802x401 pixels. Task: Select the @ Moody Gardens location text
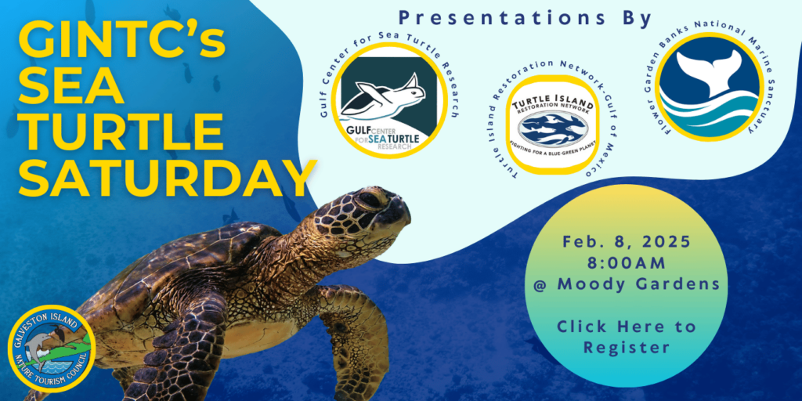[x=626, y=284]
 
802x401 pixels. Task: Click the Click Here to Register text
[x=626, y=336]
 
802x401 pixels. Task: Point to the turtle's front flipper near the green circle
[x=356, y=329]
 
